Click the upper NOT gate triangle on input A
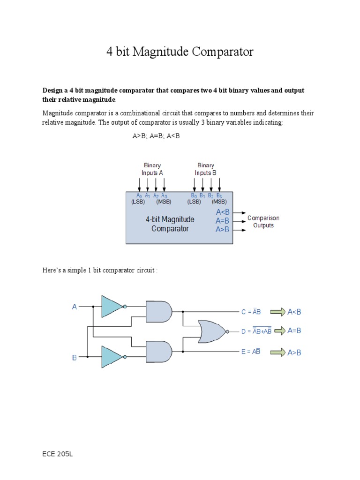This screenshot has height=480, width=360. (x=112, y=307)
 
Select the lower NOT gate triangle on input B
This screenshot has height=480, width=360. (x=112, y=356)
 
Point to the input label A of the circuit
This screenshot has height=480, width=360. (x=74, y=307)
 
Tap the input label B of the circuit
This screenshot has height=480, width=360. (x=74, y=357)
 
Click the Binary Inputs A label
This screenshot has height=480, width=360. (x=152, y=169)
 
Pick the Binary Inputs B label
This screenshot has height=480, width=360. (x=206, y=169)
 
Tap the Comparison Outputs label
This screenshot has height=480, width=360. (x=263, y=222)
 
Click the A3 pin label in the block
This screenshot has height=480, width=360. (x=164, y=196)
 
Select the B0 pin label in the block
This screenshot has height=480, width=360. (x=194, y=196)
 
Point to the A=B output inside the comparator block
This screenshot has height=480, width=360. (x=222, y=220)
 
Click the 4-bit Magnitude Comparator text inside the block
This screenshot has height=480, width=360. (x=170, y=224)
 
